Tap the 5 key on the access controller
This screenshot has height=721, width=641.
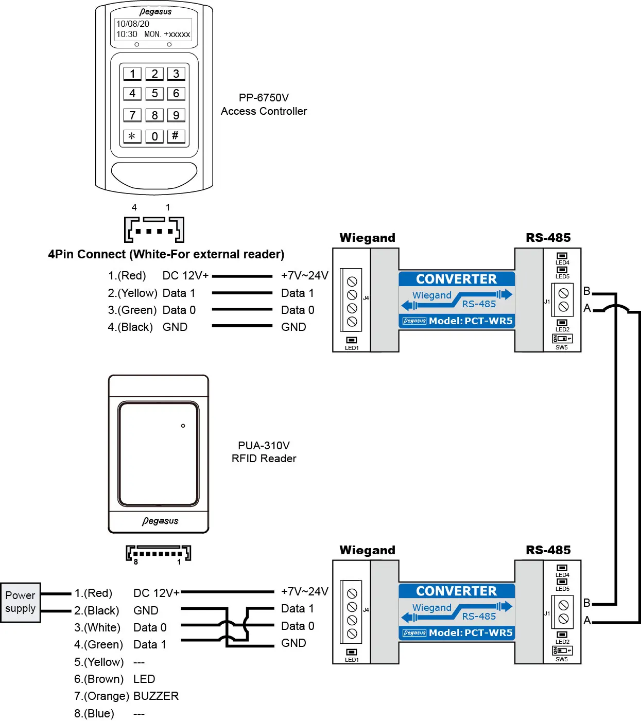(x=154, y=94)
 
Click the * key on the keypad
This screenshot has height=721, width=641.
(x=132, y=136)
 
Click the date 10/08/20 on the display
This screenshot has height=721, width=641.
(x=133, y=24)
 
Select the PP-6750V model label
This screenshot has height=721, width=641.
(x=264, y=98)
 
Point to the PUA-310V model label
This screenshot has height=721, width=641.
(x=264, y=446)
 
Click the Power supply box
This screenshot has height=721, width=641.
(x=21, y=602)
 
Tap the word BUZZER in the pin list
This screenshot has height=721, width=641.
(x=156, y=696)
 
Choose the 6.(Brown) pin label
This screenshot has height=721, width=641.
(x=99, y=679)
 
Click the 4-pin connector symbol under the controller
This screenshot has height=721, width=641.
(x=154, y=230)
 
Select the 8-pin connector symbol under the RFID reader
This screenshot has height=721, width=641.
(x=158, y=554)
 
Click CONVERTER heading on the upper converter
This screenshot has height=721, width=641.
(x=456, y=279)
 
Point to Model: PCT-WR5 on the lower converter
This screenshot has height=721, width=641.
(x=471, y=633)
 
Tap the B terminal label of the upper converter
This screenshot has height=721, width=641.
(x=587, y=291)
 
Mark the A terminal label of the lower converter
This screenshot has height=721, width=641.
(x=587, y=621)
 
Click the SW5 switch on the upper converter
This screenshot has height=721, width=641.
(x=562, y=339)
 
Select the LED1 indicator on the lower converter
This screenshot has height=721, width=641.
(x=352, y=653)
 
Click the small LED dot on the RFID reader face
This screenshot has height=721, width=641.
(x=183, y=426)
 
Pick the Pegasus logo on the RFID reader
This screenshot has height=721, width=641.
(x=160, y=521)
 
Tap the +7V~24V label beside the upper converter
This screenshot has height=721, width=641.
(x=304, y=276)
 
